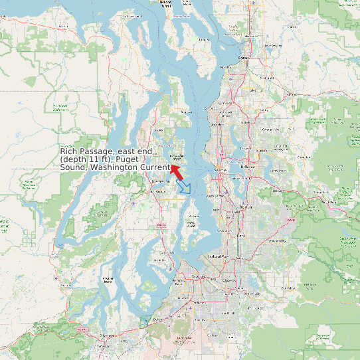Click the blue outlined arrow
tap(185, 187)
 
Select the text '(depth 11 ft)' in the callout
tap(86, 160)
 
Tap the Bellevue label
tap(248, 166)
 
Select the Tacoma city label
tap(197, 276)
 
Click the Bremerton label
tap(160, 181)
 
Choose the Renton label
tap(246, 207)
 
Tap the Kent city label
tap(240, 235)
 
